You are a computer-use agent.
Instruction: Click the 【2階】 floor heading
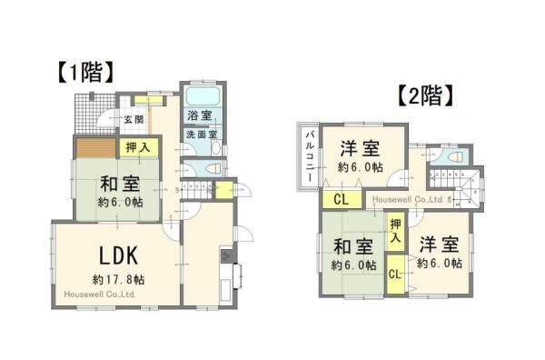click(425, 95)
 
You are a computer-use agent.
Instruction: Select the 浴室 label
click(200, 117)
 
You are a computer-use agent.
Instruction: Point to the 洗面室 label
click(200, 135)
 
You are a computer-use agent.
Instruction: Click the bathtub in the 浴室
click(200, 97)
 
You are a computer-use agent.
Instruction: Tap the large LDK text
click(111, 253)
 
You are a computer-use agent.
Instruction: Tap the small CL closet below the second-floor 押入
click(396, 273)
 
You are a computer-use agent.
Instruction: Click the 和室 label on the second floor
click(351, 246)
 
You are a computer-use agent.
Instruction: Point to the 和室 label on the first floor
click(117, 181)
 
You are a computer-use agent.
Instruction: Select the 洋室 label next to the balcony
click(359, 148)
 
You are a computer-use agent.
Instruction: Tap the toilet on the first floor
click(212, 168)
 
